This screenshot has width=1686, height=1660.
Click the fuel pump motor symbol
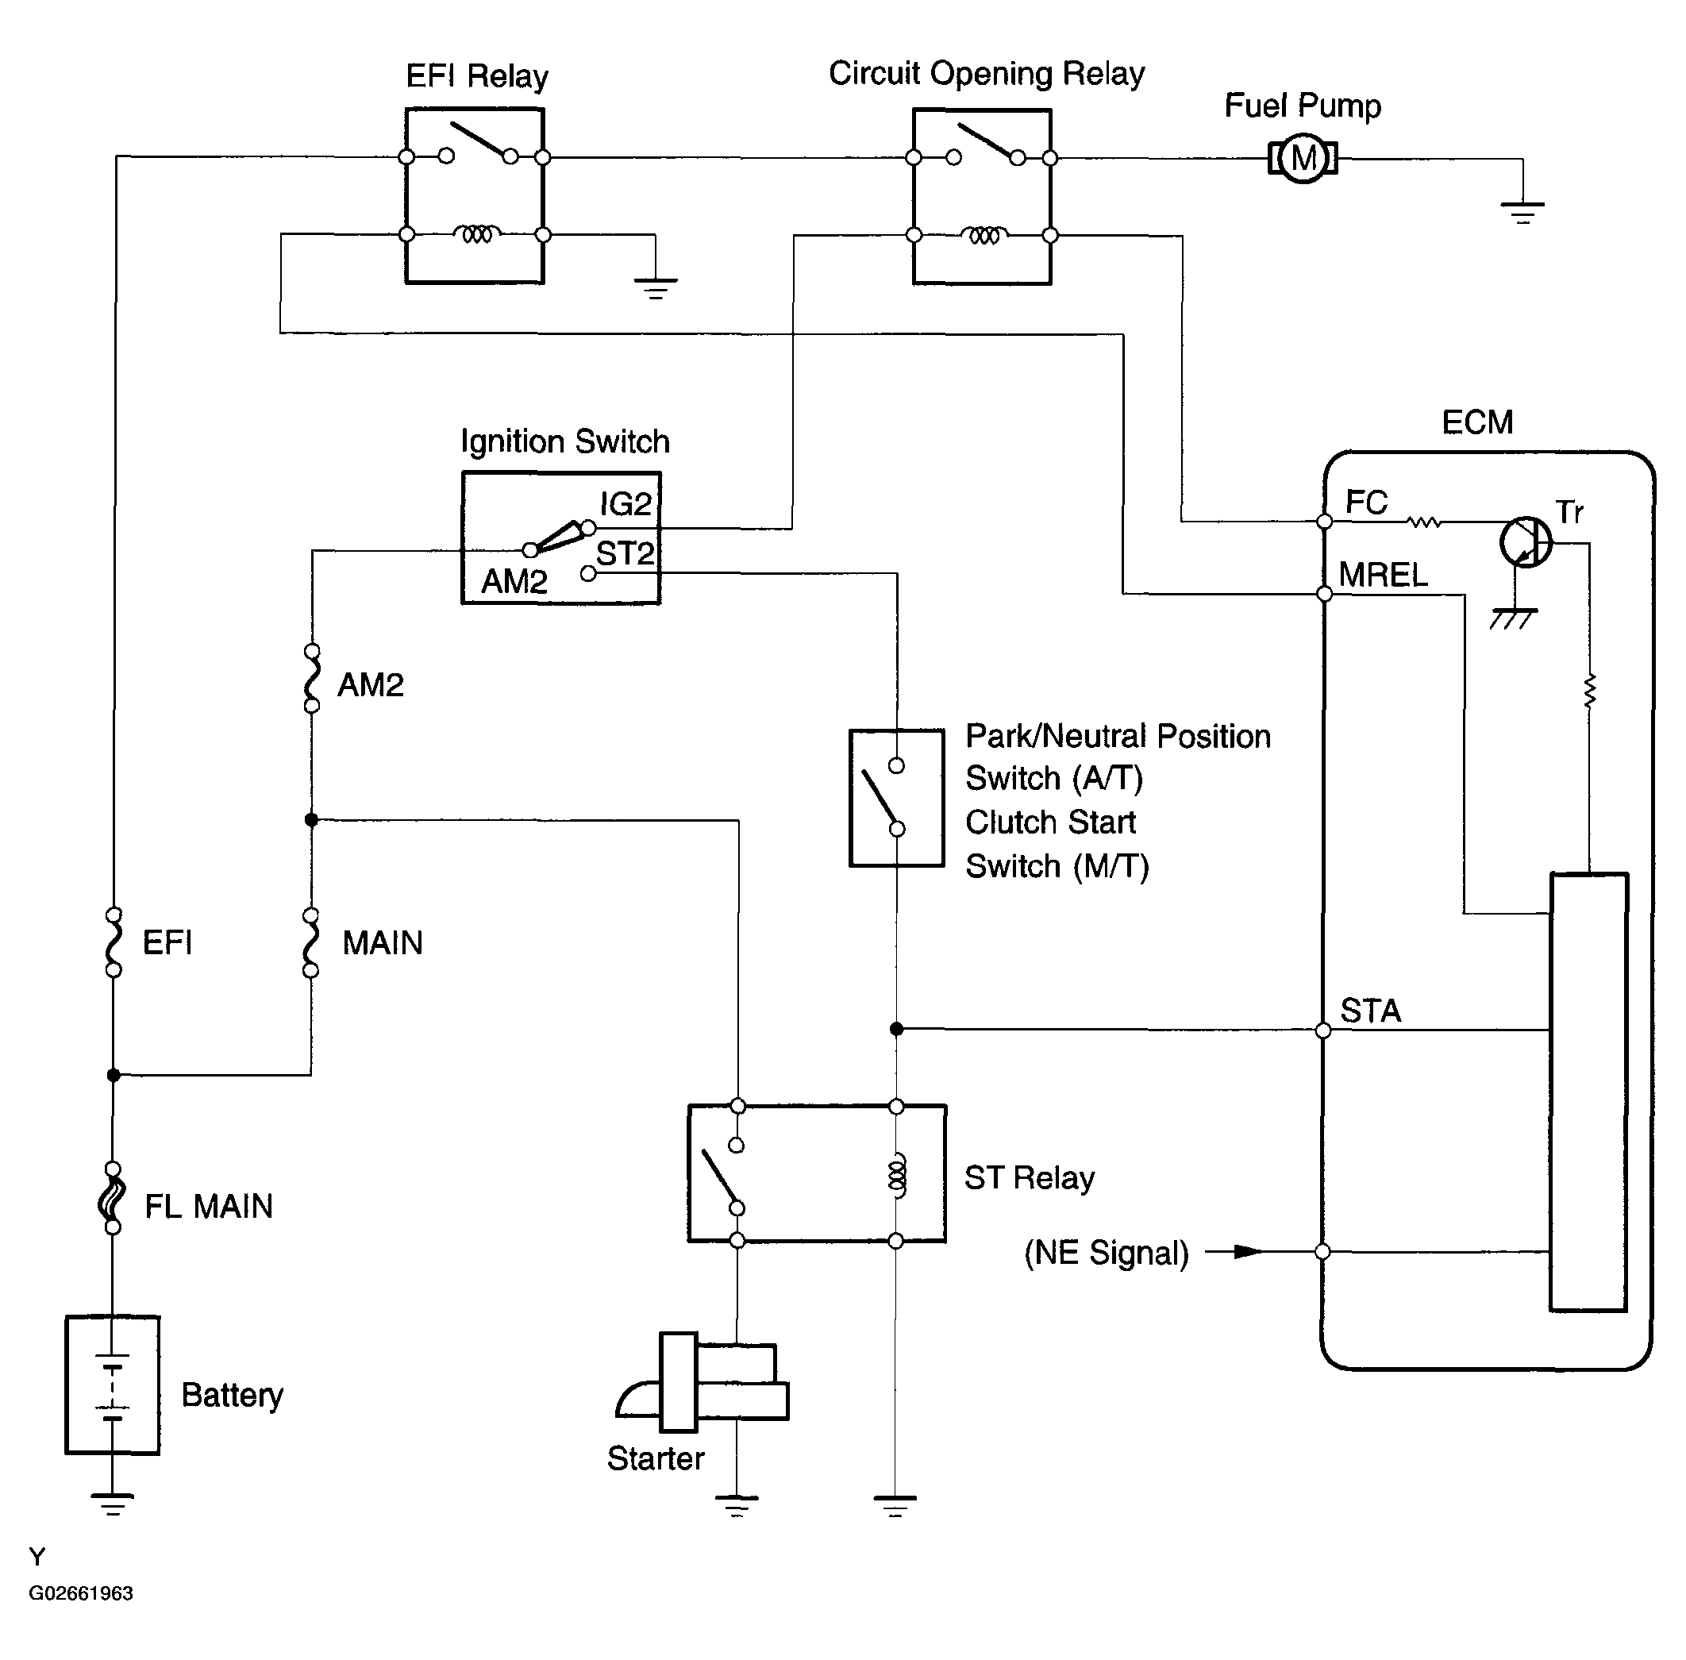click(x=1303, y=159)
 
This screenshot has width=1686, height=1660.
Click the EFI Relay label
click(x=477, y=76)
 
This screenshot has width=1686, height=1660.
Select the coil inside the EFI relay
click(x=476, y=233)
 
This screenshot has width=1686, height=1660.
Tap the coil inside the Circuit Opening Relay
click(x=983, y=234)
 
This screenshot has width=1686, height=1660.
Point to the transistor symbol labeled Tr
click(x=1526, y=542)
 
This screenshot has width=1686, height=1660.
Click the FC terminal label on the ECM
click(x=1366, y=503)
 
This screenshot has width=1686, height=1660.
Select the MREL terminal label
click(x=1384, y=575)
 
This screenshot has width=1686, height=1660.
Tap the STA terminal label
click(x=1370, y=1011)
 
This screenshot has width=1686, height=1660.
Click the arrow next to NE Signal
click(x=1234, y=1252)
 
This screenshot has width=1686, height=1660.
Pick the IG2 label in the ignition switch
click(x=626, y=504)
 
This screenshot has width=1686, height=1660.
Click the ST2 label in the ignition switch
click(x=625, y=553)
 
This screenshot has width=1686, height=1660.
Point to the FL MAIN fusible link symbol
click(x=113, y=1198)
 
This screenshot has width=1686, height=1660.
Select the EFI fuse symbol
click(x=114, y=942)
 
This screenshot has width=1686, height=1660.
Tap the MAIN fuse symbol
click(x=310, y=942)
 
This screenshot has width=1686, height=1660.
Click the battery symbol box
click(x=113, y=1385)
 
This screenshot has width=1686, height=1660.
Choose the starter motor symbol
click(x=702, y=1382)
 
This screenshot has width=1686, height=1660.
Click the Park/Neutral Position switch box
click(x=896, y=798)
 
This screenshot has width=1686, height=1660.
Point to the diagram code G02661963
click(x=81, y=1593)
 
